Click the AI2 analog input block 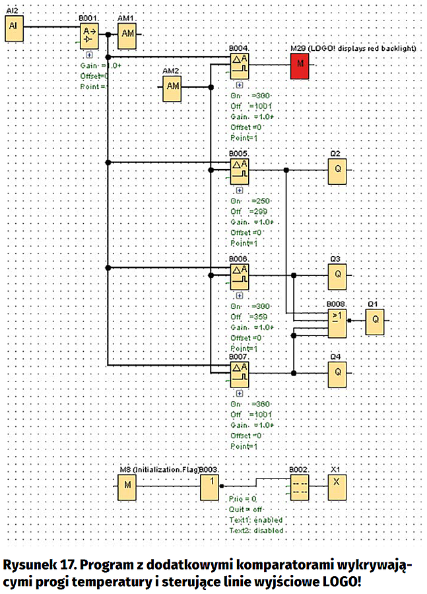point(14,27)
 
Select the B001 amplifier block point(90,38)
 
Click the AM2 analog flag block point(174,87)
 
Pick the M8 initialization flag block point(127,488)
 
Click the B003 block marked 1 point(210,488)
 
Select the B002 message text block point(299,488)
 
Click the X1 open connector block point(337,488)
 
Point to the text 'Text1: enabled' point(256,520)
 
